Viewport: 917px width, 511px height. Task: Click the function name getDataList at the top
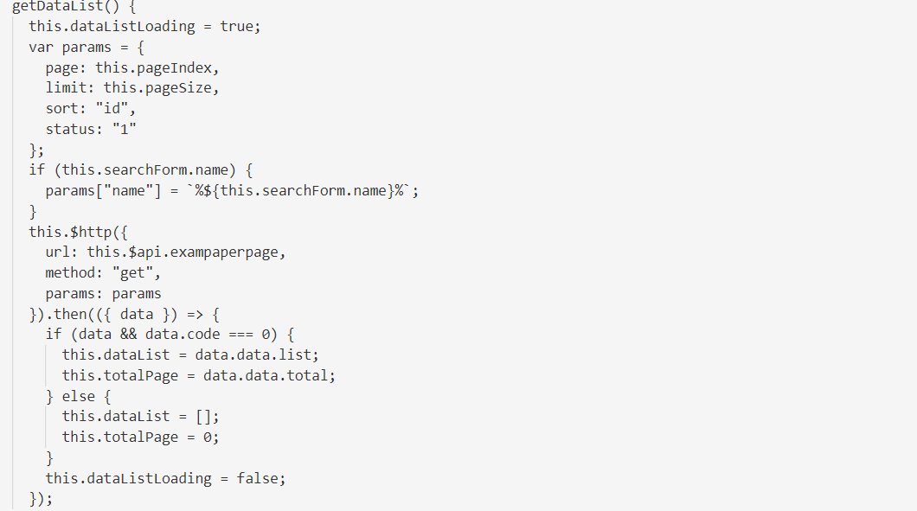[49, 6]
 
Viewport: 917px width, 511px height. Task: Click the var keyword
[41, 48]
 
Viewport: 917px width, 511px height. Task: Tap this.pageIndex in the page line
[153, 67]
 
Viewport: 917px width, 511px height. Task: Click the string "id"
[112, 108]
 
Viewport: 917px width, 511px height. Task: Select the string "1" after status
[124, 129]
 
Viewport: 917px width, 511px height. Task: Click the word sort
[61, 109]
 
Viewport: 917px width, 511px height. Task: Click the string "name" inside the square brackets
[128, 190]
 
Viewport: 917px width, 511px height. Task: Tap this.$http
[70, 232]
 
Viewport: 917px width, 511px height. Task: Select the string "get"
[132, 272]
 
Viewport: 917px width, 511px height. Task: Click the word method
[70, 272]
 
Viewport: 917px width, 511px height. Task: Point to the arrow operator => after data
[195, 315]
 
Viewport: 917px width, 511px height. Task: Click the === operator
[240, 335]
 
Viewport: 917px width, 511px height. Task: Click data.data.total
[266, 375]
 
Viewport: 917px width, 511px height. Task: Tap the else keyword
[79, 396]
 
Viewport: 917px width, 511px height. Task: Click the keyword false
[257, 478]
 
